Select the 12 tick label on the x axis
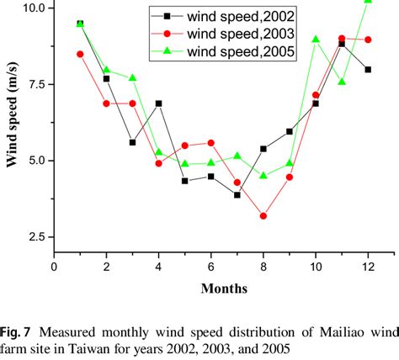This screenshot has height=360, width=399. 368,267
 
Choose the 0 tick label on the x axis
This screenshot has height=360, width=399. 55,267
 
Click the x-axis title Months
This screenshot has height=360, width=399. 224,289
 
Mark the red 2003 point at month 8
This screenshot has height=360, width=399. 263,216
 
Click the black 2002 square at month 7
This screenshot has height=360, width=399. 237,195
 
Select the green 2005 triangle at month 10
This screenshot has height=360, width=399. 316,39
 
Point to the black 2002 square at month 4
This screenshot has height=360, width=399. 159,103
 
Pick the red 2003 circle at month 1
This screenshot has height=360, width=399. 80,54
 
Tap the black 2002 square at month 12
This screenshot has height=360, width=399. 368,70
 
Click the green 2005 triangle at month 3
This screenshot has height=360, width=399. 133,78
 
